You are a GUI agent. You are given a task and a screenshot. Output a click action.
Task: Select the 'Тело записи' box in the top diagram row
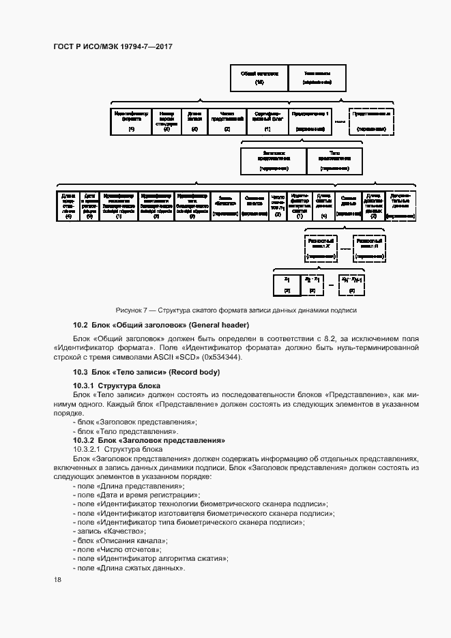click(x=317, y=77)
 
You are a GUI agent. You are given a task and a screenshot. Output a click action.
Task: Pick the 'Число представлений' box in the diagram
click(x=227, y=121)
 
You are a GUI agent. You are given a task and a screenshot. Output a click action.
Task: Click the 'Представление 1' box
click(x=310, y=121)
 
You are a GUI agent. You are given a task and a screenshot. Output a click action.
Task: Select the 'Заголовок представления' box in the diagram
click(x=273, y=160)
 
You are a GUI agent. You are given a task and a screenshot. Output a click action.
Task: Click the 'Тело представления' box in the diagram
click(x=334, y=160)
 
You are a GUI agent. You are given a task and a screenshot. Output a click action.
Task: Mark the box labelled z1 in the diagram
click(x=287, y=283)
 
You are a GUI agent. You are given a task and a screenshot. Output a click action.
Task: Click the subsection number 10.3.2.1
click(x=89, y=450)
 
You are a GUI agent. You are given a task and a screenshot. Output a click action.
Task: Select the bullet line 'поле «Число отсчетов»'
click(x=119, y=549)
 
